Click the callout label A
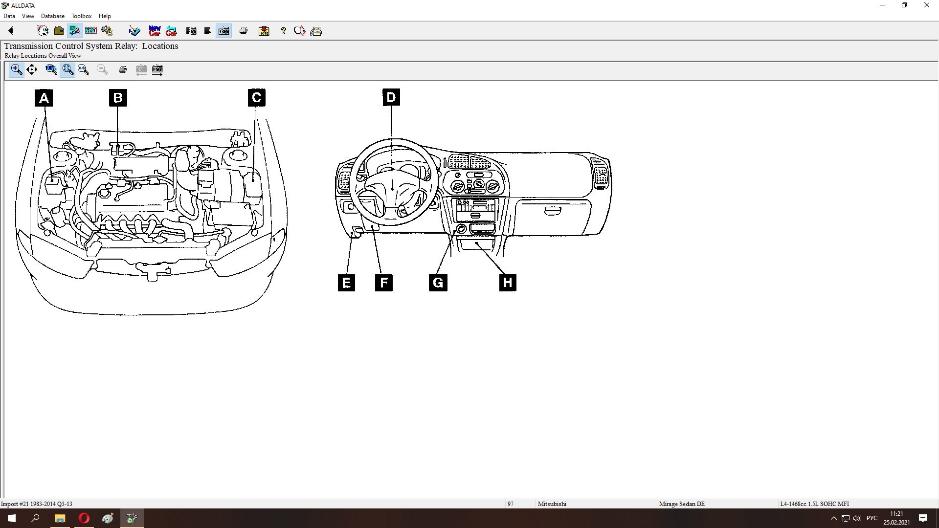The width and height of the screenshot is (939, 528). click(x=44, y=98)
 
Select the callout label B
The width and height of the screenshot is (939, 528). click(x=118, y=98)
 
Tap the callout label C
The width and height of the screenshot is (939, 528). click(x=257, y=98)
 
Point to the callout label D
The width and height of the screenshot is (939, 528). click(x=391, y=97)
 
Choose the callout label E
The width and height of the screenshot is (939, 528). click(x=346, y=283)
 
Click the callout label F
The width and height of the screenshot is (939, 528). click(x=384, y=283)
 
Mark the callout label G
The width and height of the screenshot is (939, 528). click(x=438, y=283)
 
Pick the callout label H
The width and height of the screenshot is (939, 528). click(x=508, y=283)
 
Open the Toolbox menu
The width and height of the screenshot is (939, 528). click(x=81, y=16)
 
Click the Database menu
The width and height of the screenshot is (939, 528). click(x=53, y=16)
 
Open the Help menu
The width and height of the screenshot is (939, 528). click(x=105, y=16)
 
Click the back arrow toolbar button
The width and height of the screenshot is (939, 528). click(x=11, y=31)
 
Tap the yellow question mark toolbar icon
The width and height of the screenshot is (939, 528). click(x=283, y=31)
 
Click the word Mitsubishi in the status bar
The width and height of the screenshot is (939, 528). click(x=552, y=504)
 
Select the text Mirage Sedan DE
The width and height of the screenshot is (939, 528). click(x=682, y=504)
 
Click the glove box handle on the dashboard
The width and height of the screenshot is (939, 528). click(x=553, y=211)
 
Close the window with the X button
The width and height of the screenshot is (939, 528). click(x=927, y=5)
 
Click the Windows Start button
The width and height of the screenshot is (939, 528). click(x=12, y=518)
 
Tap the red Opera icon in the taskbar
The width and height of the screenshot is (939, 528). click(x=84, y=518)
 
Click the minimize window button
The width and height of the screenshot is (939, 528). click(x=882, y=5)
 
